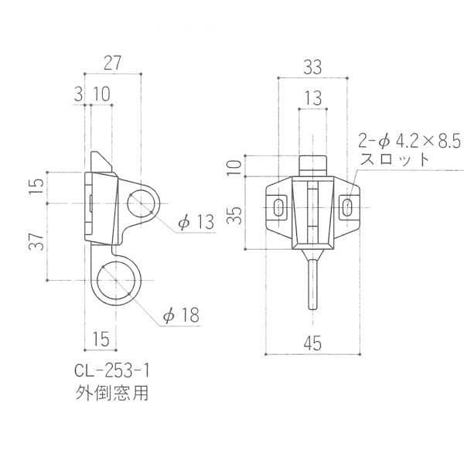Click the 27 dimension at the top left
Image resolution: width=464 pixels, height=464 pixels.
[x=113, y=63]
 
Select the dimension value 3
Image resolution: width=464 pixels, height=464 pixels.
[x=78, y=94]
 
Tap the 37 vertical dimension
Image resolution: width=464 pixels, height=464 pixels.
[x=36, y=241]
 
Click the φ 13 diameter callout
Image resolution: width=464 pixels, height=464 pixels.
[x=196, y=222]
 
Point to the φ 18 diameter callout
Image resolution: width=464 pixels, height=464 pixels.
[x=182, y=315]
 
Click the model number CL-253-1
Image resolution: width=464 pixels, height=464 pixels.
[x=112, y=370]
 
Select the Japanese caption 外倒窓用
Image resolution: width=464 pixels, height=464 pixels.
[x=112, y=393]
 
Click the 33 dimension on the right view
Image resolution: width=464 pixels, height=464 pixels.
[x=312, y=67]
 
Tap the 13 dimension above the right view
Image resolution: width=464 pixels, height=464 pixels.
[x=312, y=98]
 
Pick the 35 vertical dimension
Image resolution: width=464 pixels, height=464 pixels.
[x=236, y=215]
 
